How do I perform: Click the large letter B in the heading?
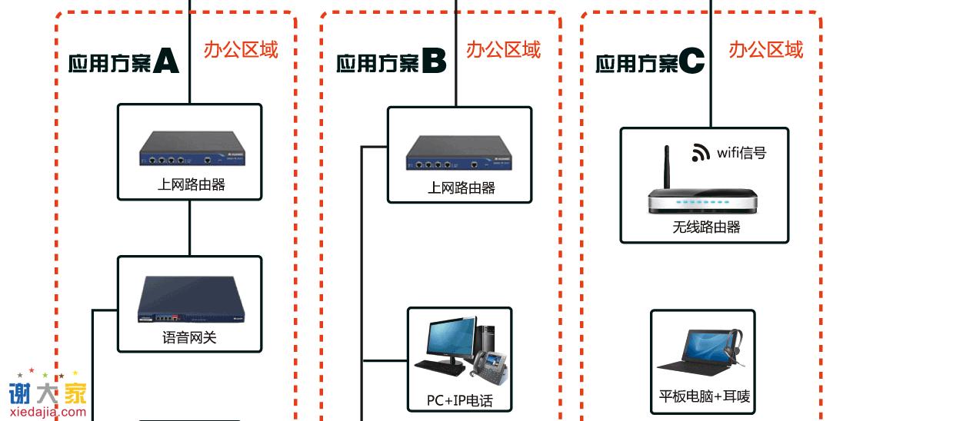pos(433,61)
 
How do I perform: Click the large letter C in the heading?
pos(691,61)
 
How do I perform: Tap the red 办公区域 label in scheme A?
pos(241,50)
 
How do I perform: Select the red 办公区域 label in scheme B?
pos(503,50)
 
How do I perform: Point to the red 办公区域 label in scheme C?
pos(765,50)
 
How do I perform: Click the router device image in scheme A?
pos(190,149)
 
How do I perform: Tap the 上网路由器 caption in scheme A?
pos(191,184)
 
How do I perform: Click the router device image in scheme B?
pos(459,152)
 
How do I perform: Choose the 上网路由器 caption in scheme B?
pos(461,188)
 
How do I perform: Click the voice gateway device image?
pos(190,299)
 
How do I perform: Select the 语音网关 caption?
pos(189,337)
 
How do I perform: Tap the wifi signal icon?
pos(700,152)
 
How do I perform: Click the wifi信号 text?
pos(741,153)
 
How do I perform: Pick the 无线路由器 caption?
pos(705,227)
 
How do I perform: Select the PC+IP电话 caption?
pos(459,400)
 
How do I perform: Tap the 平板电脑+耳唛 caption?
pos(704,396)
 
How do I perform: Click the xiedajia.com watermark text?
pos(48,412)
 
